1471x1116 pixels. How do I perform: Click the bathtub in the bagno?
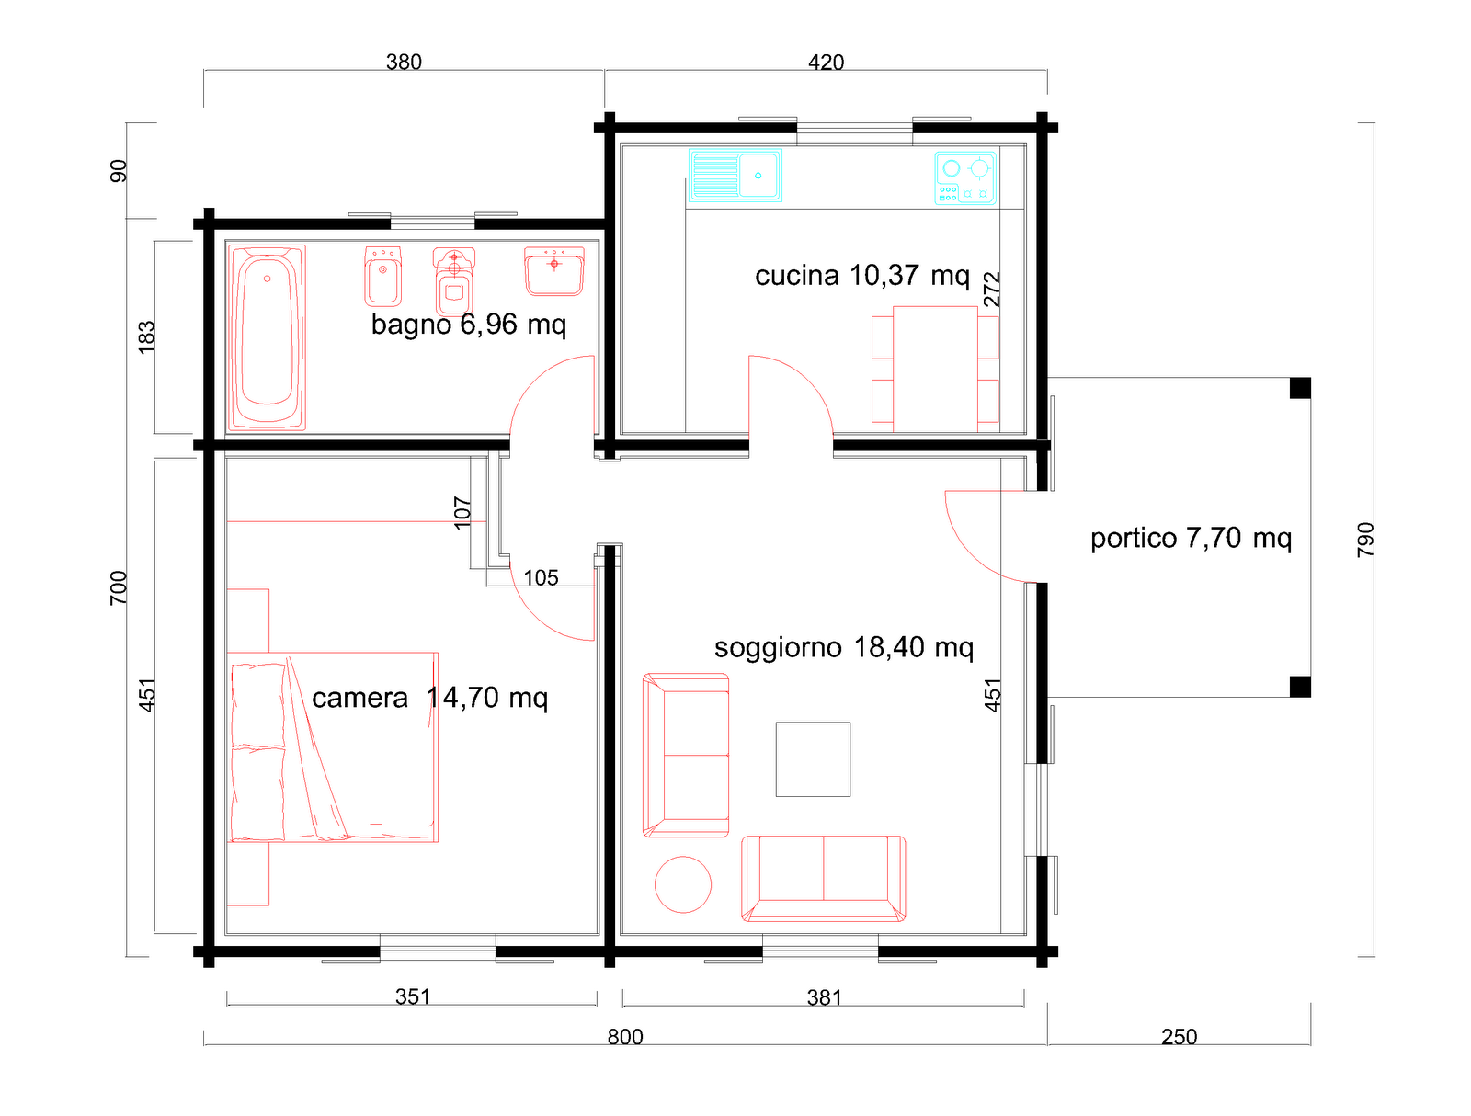coord(266,337)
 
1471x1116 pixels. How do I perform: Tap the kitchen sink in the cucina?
coord(735,175)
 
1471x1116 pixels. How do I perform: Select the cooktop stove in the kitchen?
coord(964,177)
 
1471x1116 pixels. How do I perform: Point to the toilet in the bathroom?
coord(453,280)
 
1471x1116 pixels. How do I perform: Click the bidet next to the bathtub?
coord(382,275)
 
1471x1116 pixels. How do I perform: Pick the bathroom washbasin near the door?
coord(553,270)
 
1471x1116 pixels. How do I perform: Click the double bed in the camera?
coord(333,746)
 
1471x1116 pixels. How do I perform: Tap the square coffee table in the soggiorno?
coord(812,759)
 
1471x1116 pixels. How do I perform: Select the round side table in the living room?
coord(682,884)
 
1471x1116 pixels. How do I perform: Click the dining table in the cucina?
coord(934,370)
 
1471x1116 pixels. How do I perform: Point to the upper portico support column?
coord(1299,388)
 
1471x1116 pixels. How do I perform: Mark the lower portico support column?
coord(1299,687)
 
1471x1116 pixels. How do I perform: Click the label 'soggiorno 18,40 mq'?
coord(843,648)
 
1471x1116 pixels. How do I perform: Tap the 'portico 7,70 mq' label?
coord(1191,538)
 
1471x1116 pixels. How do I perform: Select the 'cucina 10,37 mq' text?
coord(861,275)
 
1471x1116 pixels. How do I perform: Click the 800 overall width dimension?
coord(624,1036)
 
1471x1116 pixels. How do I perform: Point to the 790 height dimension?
coord(1365,540)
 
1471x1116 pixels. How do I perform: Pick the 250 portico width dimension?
coord(1179,1036)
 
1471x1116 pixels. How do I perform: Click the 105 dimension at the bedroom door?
coord(541,577)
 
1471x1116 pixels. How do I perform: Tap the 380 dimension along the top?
coord(404,62)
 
